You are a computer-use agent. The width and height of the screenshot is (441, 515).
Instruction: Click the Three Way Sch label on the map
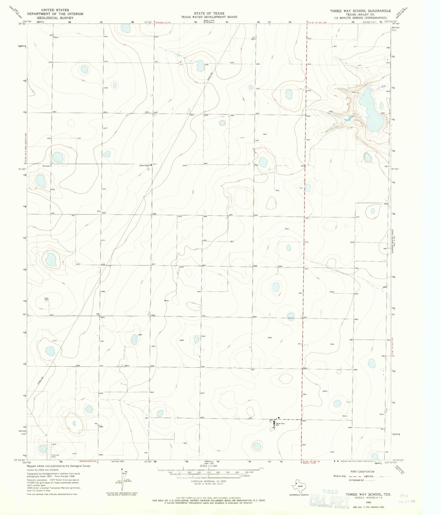tap(280, 424)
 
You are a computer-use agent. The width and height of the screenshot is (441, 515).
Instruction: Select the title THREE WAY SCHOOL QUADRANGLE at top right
tap(360, 11)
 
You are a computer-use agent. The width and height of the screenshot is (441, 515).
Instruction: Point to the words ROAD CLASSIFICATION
tap(362, 471)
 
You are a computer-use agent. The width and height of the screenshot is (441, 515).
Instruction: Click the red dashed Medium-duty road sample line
tap(353, 476)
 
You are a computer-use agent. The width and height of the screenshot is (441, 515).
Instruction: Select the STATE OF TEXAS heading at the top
tap(209, 13)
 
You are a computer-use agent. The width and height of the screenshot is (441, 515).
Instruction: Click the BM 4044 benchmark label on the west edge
tap(46, 166)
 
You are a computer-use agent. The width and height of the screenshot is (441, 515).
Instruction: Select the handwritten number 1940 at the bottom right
tap(404, 495)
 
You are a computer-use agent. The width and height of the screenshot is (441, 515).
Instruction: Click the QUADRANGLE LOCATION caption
tap(299, 495)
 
